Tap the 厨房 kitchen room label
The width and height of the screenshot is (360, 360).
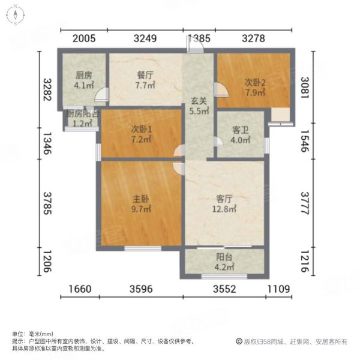(83, 76)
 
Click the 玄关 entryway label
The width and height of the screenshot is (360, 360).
(199, 101)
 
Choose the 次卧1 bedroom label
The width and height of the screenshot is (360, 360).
(142, 128)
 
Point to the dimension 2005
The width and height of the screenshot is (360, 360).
(84, 39)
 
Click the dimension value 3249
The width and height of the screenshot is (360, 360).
(145, 39)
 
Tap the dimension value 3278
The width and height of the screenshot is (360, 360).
(253, 39)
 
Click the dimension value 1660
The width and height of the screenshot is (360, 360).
(79, 289)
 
